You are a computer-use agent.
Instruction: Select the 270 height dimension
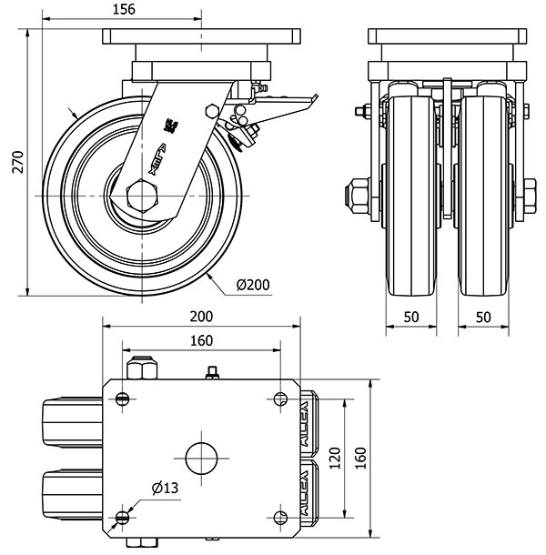[x=14, y=162]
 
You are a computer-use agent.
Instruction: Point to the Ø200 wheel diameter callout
[x=252, y=285]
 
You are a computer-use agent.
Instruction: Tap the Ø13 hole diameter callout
[x=164, y=489]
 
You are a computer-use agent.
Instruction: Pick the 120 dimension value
[x=336, y=456]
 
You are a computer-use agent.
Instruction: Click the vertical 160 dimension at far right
[x=360, y=456]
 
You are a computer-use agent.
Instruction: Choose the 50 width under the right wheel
[x=483, y=317]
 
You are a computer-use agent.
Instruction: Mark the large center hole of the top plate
[x=201, y=457]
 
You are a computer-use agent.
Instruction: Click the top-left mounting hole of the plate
[x=123, y=398]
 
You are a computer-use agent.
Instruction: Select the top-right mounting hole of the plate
[x=278, y=398]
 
